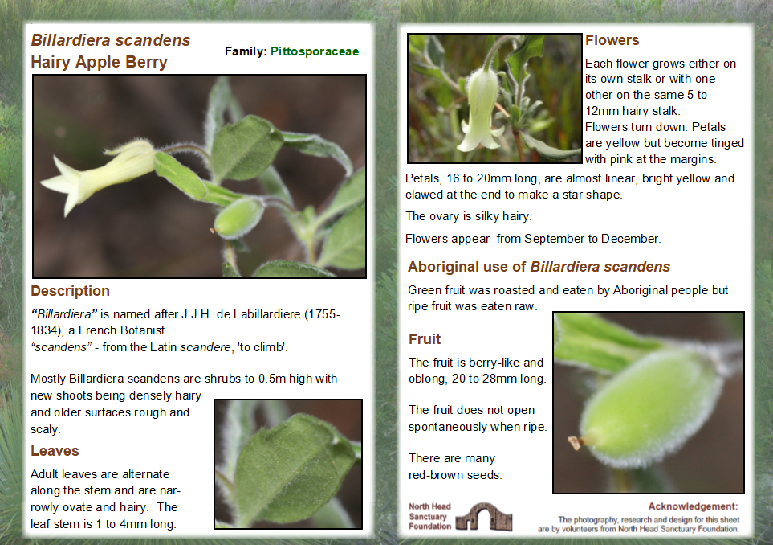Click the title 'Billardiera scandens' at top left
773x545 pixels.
tap(111, 40)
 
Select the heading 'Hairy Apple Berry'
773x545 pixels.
tap(99, 62)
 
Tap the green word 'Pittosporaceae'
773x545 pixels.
tap(315, 51)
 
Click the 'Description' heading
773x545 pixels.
tap(70, 291)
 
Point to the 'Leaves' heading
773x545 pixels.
tap(55, 451)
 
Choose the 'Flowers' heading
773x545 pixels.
tap(612, 40)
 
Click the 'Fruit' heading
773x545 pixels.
tap(425, 339)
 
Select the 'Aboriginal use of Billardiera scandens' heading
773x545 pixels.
tap(539, 267)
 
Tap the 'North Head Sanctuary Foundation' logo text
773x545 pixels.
tap(430, 516)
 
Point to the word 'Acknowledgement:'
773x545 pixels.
tap(693, 506)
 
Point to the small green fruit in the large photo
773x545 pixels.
tap(238, 216)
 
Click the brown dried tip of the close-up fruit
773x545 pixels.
tap(576, 441)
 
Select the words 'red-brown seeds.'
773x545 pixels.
tap(455, 474)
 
